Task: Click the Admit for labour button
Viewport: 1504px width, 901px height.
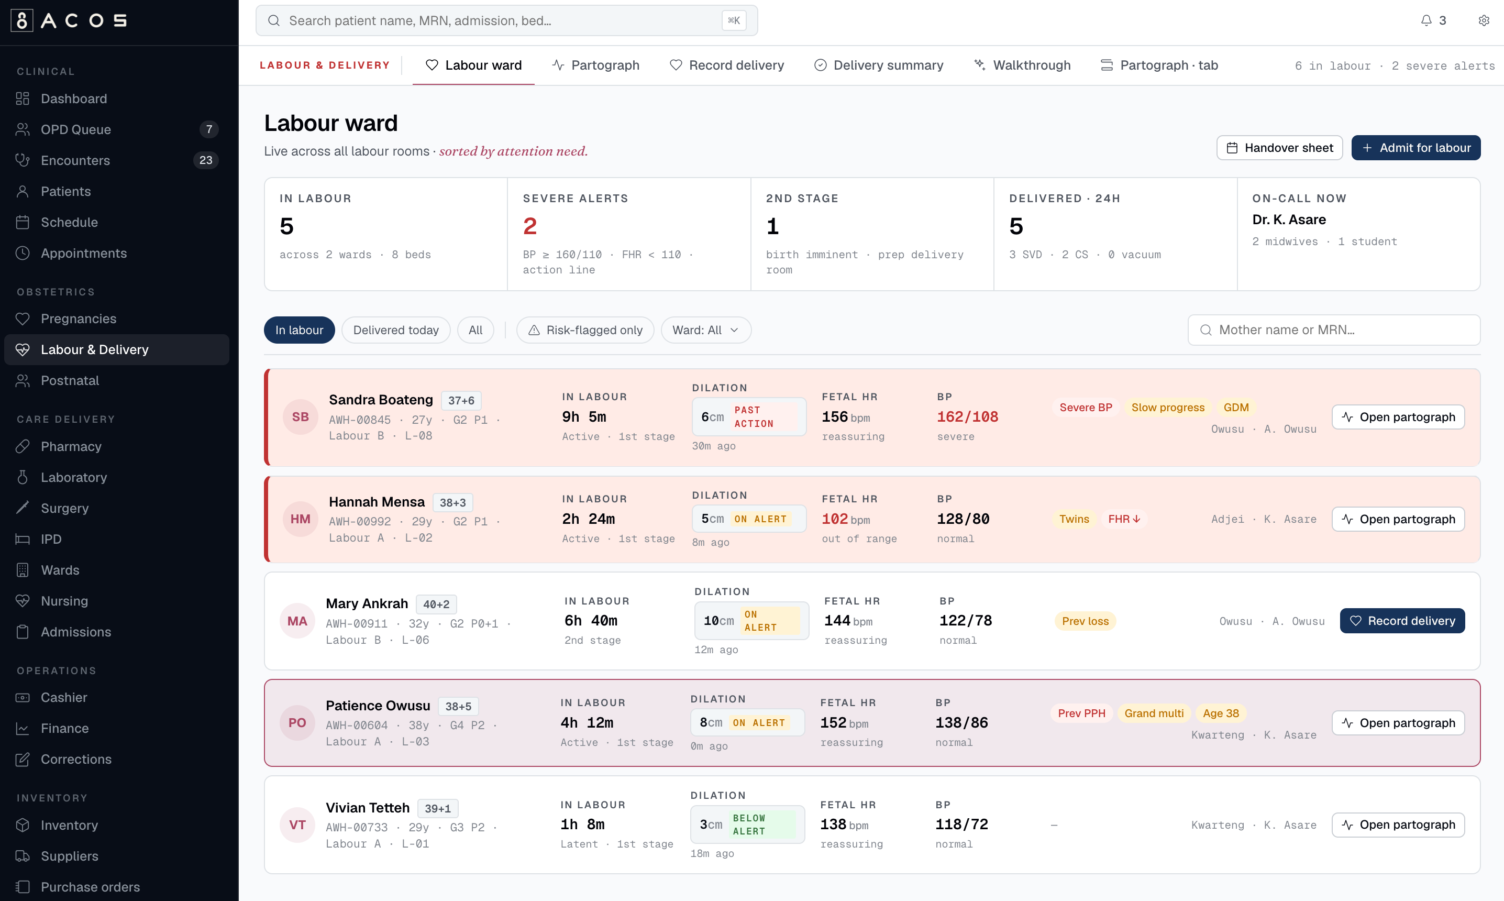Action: click(1415, 148)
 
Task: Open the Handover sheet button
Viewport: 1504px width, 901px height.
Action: click(1279, 148)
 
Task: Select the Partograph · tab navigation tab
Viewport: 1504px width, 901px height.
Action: click(1159, 65)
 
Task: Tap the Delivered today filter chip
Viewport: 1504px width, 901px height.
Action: click(396, 329)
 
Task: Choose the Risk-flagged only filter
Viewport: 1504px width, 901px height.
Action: click(585, 329)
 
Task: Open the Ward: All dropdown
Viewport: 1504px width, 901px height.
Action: click(706, 329)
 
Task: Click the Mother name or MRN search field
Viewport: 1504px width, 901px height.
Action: click(1333, 329)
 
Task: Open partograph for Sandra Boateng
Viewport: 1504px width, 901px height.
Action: click(1398, 416)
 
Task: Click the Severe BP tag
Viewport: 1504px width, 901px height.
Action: click(1086, 408)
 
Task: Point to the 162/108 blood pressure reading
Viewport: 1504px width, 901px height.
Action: click(967, 416)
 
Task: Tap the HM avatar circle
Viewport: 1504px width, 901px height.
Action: click(301, 519)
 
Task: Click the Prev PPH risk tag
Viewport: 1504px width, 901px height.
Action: click(1081, 713)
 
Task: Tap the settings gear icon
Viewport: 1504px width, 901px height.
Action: click(1484, 20)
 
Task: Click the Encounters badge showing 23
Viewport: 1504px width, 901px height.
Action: click(206, 160)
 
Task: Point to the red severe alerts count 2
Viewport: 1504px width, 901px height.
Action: click(530, 226)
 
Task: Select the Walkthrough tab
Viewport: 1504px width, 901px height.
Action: click(1023, 65)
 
